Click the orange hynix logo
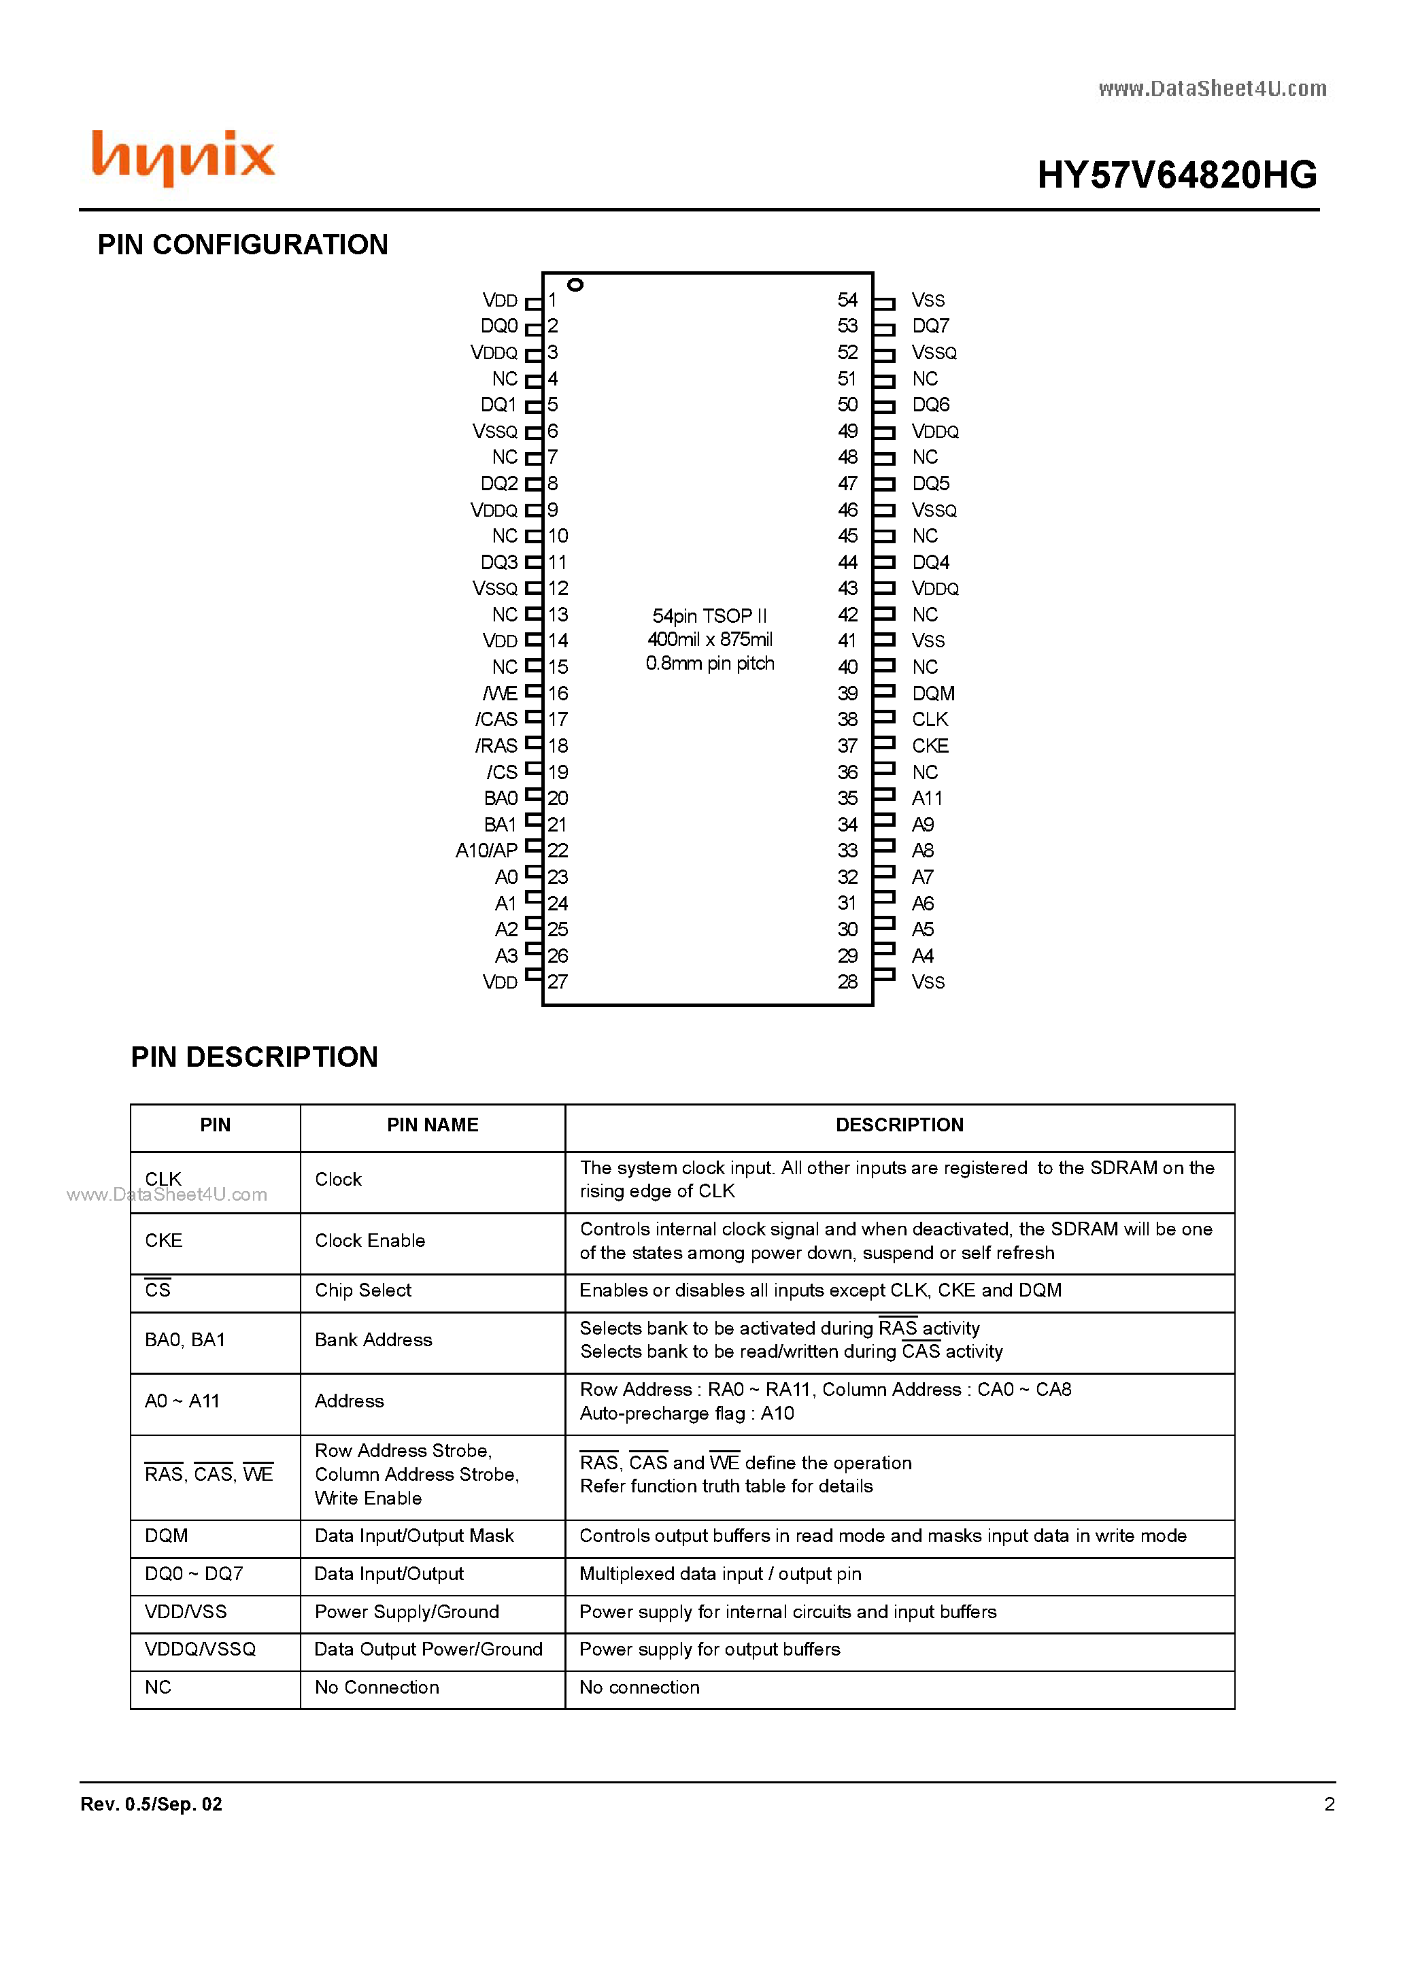[183, 158]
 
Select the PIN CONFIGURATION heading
[243, 245]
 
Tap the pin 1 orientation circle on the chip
[575, 285]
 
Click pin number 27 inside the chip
[558, 982]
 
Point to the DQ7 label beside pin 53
[930, 326]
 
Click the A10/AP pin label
[486, 851]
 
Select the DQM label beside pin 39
[933, 693]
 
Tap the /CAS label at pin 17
[496, 719]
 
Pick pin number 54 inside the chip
[847, 301]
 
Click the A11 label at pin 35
[927, 798]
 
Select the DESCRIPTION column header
[899, 1125]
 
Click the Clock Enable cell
[370, 1241]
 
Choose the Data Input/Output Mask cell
[414, 1536]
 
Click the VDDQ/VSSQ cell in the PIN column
[200, 1649]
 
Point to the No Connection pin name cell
[377, 1687]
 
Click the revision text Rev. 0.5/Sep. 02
[152, 1804]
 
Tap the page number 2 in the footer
[1329, 1804]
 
